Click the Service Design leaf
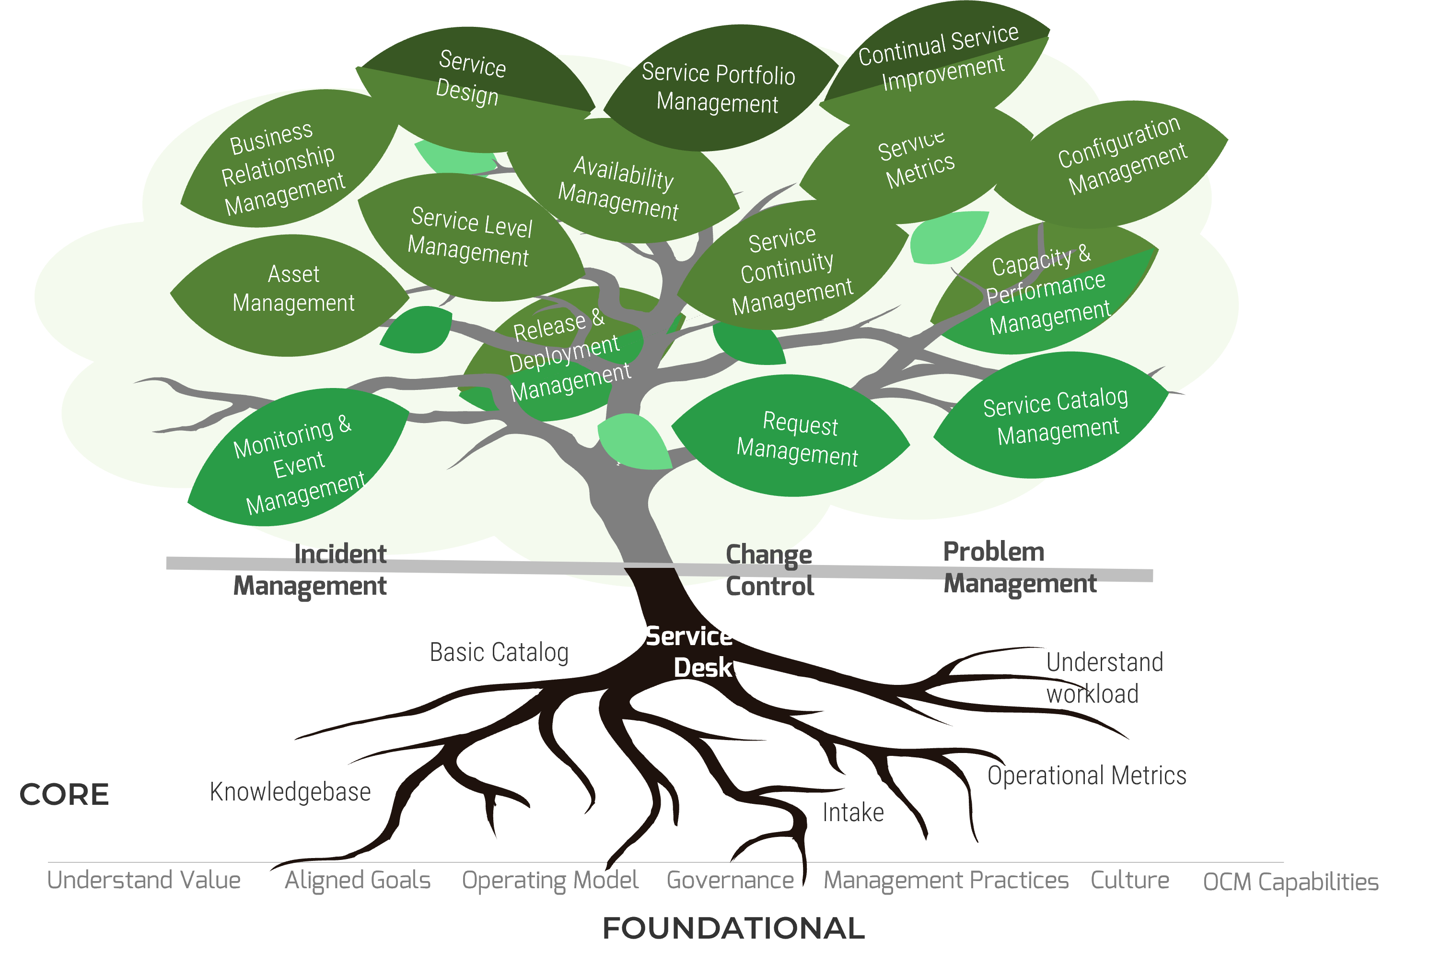(x=471, y=79)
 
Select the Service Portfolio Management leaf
(x=718, y=88)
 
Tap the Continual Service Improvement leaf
(x=938, y=59)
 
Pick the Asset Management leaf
(x=293, y=289)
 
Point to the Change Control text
(x=769, y=570)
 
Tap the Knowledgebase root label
(x=290, y=792)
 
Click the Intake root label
(x=853, y=813)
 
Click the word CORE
(x=64, y=795)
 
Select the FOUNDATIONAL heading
(x=733, y=928)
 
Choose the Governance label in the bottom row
(x=730, y=880)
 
